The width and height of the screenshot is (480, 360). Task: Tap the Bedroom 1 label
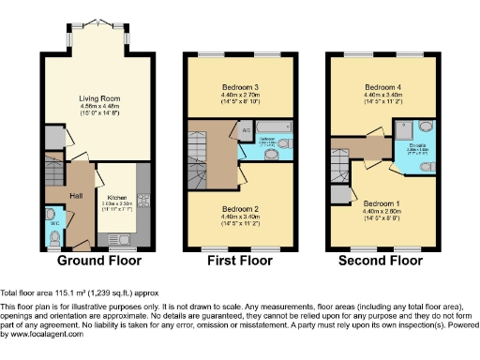[x=379, y=203]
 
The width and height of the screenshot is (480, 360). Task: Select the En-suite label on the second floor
[x=418, y=145]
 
